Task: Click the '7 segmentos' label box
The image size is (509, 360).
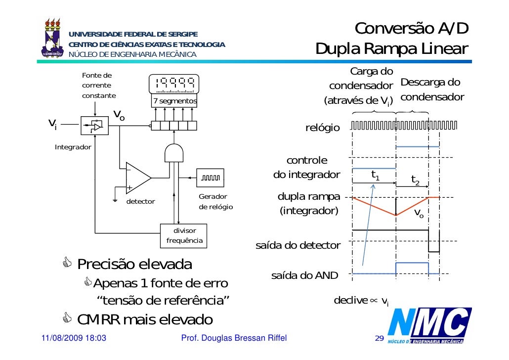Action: (x=174, y=101)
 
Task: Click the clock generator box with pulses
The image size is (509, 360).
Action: (x=213, y=178)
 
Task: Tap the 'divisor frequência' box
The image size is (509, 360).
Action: (x=184, y=235)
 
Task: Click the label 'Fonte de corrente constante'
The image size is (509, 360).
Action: (x=99, y=85)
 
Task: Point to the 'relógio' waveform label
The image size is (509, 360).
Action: (x=323, y=128)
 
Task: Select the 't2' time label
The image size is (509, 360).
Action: (x=415, y=180)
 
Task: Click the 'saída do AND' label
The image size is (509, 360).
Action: (x=305, y=275)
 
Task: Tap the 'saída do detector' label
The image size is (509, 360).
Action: (x=298, y=245)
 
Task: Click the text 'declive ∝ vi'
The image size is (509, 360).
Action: (x=361, y=301)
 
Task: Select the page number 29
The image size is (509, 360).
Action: (x=379, y=338)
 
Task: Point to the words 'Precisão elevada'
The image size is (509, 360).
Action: (x=134, y=264)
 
